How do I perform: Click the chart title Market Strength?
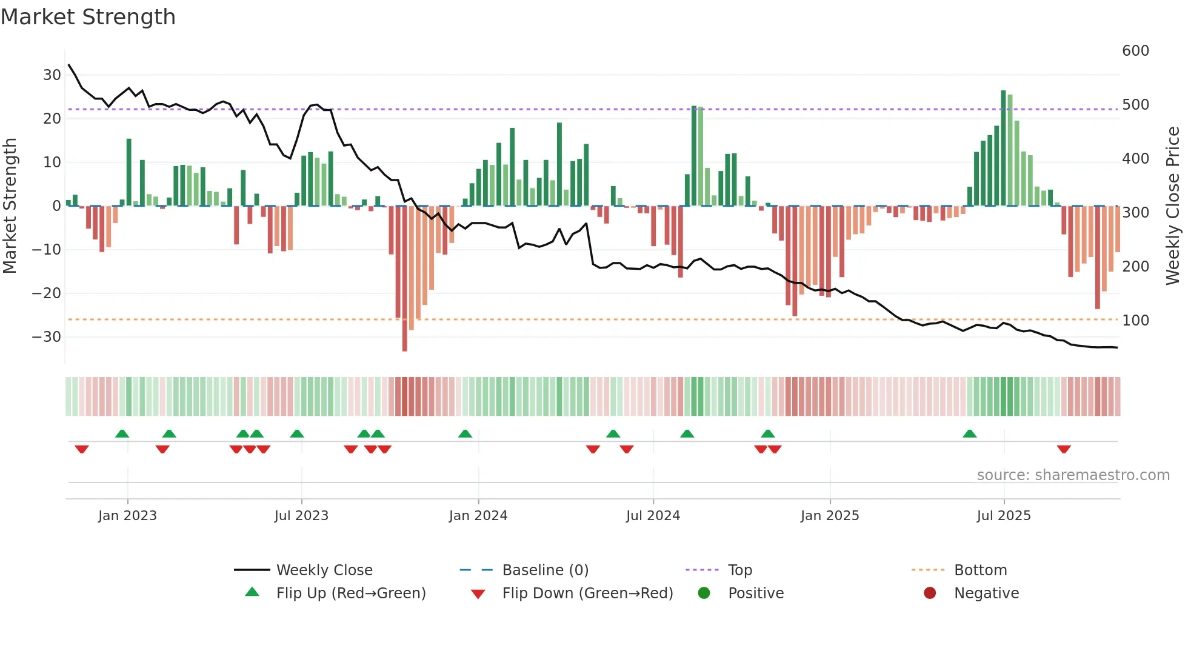pos(88,17)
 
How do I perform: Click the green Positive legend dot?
pos(704,593)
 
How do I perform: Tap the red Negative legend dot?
pos(930,593)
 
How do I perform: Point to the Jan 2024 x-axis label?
pos(478,515)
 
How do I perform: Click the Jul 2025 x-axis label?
pos(1003,515)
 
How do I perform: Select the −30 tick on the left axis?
pos(47,336)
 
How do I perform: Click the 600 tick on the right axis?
pos(1135,50)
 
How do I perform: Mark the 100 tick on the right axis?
pos(1135,320)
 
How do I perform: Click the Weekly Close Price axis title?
pos(1172,206)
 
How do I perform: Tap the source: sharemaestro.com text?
pos(1073,475)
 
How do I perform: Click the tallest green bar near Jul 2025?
pos(1003,148)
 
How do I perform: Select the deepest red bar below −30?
pos(404,279)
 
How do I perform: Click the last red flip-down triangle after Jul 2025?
pos(1063,449)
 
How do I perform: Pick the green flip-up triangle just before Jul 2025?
pos(969,433)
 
